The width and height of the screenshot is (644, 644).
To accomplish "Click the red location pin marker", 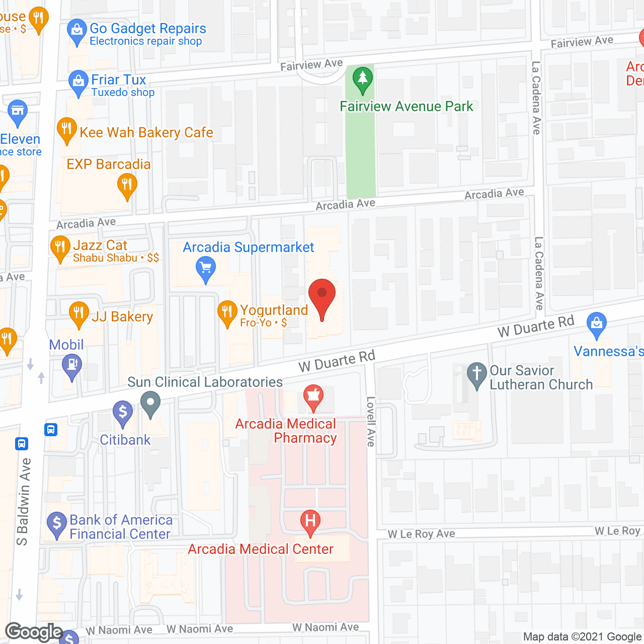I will click(x=322, y=297).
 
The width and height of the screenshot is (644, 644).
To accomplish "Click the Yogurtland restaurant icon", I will click(x=227, y=313).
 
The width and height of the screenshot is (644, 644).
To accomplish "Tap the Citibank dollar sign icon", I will click(x=123, y=413).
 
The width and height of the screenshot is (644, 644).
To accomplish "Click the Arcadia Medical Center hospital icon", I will click(x=310, y=521).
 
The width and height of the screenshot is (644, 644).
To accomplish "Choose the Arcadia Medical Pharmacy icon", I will click(x=313, y=397).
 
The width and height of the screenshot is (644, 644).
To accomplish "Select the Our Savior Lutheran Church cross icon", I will click(x=476, y=375).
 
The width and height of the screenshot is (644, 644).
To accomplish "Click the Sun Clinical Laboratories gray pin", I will click(x=150, y=404).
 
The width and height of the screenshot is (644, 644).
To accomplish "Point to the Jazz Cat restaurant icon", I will click(x=60, y=248).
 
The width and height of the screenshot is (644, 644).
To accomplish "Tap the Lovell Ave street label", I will click(x=371, y=421).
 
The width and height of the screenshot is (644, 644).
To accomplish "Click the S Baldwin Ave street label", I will click(x=24, y=502).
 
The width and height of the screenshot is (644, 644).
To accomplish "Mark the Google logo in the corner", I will click(x=34, y=631).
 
